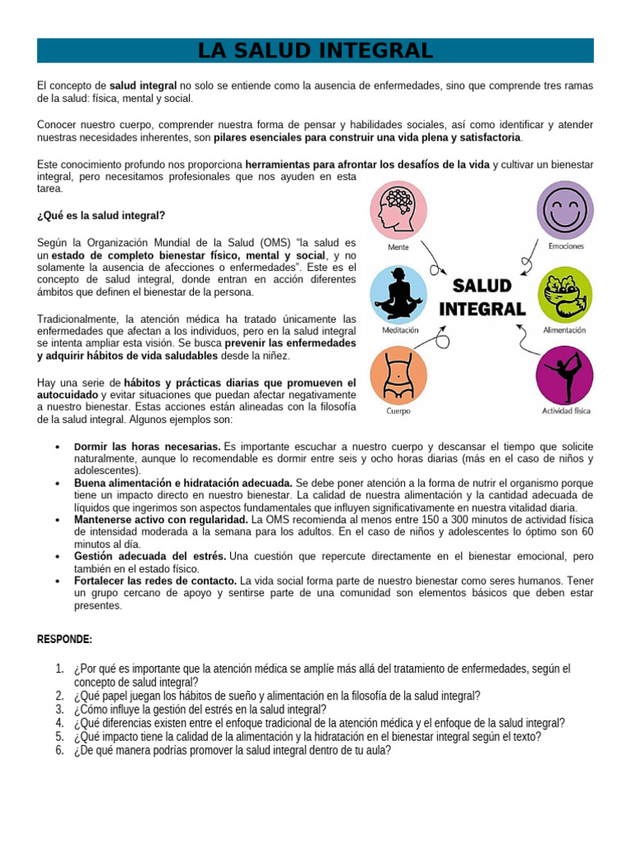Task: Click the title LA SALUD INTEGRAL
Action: pos(315,51)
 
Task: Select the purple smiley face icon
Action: pos(564,209)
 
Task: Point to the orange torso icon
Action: pos(399,374)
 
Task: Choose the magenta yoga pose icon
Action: pos(564,375)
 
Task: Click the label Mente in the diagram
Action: pos(398,246)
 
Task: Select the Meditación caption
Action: pos(399,330)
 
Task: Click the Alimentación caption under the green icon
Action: pos(564,330)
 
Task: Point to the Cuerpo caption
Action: pos(398,411)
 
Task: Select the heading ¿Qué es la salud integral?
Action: pos(101,216)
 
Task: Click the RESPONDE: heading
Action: pos(64,639)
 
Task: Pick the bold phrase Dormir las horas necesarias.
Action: pos(147,447)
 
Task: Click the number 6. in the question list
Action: pos(60,750)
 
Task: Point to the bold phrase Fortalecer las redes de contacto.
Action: pos(154,581)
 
